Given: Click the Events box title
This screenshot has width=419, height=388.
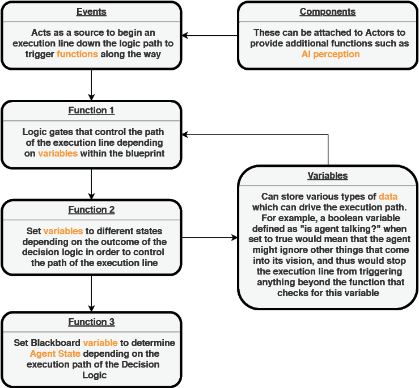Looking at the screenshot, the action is (91, 12).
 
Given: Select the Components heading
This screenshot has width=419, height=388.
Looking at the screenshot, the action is (328, 12).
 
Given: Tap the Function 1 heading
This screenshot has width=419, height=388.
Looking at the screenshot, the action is (91, 111).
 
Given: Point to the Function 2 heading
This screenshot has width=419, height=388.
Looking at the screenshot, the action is (91, 210).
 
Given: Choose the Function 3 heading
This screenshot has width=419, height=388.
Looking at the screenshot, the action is (91, 322).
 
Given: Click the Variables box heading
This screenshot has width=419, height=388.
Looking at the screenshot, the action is (328, 176).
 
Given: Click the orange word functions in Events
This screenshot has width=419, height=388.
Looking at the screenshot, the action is (77, 54).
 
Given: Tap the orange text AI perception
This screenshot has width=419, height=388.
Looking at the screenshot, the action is (331, 54).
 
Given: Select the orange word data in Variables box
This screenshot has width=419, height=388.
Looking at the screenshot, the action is (388, 196).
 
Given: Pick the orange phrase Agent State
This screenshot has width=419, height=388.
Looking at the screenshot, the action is (55, 354).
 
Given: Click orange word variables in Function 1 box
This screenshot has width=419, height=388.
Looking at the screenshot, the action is (58, 154).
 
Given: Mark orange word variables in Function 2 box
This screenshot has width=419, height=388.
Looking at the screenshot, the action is (63, 231).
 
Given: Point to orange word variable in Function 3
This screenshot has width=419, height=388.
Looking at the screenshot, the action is (100, 343).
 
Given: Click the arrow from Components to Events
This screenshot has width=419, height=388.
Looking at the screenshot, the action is (210, 35).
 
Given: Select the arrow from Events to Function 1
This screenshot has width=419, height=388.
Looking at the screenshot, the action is (91, 85).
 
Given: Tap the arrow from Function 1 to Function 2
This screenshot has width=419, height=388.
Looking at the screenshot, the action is (91, 184).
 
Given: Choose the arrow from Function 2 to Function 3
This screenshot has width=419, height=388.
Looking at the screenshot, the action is (91, 294).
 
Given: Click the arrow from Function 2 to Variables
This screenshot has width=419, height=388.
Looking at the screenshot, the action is (210, 238).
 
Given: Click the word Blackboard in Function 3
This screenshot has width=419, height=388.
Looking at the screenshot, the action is (56, 343).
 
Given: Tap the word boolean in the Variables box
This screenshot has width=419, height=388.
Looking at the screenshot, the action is (345, 218).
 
